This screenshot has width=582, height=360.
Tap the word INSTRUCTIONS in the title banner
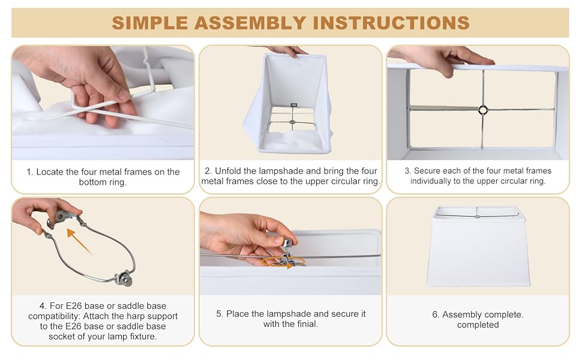[391, 23]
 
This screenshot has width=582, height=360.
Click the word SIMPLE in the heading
[150, 23]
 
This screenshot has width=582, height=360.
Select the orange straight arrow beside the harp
[79, 241]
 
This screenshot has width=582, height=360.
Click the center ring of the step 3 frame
[483, 109]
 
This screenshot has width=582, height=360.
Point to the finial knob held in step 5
[287, 243]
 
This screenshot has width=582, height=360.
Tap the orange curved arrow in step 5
[283, 262]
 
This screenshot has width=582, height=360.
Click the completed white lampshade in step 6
[478, 246]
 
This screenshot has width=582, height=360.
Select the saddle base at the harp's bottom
[124, 280]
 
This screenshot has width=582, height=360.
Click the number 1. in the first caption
[29, 172]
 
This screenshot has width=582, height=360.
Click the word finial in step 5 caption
[308, 324]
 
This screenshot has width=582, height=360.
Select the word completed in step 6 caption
[478, 325]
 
